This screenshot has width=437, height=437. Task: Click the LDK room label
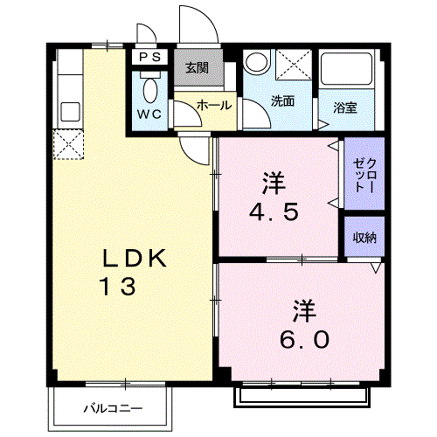[x=135, y=258]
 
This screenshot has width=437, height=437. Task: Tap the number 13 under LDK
[x=118, y=287]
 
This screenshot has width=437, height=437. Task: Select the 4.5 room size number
[x=274, y=212]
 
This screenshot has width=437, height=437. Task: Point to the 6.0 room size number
[x=304, y=339]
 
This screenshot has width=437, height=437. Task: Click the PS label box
[x=149, y=57]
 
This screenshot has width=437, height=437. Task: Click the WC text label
[x=149, y=114]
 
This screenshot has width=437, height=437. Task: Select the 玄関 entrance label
[x=198, y=68]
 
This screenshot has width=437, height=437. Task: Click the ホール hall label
[x=214, y=105]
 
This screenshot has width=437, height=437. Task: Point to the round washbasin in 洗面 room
[x=256, y=63]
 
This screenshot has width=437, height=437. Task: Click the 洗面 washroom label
[x=282, y=101]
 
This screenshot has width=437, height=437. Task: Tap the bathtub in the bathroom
[x=346, y=69]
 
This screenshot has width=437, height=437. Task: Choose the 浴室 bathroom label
[x=345, y=108]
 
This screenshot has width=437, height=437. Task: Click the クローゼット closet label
[x=364, y=175]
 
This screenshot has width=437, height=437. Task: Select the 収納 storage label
[x=364, y=238]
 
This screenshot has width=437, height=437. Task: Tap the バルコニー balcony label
[x=113, y=408]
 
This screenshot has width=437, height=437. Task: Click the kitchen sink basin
[x=70, y=112]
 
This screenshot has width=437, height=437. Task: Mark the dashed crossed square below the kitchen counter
[x=68, y=144]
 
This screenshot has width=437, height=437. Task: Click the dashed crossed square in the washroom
[x=294, y=65]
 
